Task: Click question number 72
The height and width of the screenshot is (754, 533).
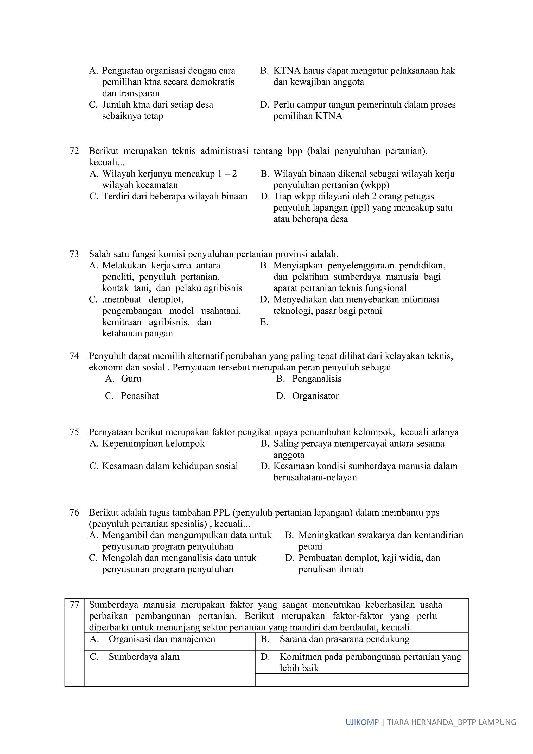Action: tap(74, 151)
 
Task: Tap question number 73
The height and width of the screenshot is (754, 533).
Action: tap(74, 254)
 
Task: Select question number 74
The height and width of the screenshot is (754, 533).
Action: tap(74, 356)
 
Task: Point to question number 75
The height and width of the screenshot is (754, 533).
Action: tap(74, 432)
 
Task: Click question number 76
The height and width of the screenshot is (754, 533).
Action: tap(74, 513)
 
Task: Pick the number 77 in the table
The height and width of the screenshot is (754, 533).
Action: tap(74, 605)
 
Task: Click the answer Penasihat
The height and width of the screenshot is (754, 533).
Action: tap(140, 396)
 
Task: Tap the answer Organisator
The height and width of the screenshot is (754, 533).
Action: tap(315, 396)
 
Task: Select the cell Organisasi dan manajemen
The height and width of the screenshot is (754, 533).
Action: tap(162, 639)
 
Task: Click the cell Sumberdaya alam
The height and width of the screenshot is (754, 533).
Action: tap(144, 657)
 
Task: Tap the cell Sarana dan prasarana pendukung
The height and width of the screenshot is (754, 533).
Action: tap(344, 639)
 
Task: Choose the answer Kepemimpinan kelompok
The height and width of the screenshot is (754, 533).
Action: tap(153, 444)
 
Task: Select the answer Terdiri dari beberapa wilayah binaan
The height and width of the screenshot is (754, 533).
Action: tap(175, 196)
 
